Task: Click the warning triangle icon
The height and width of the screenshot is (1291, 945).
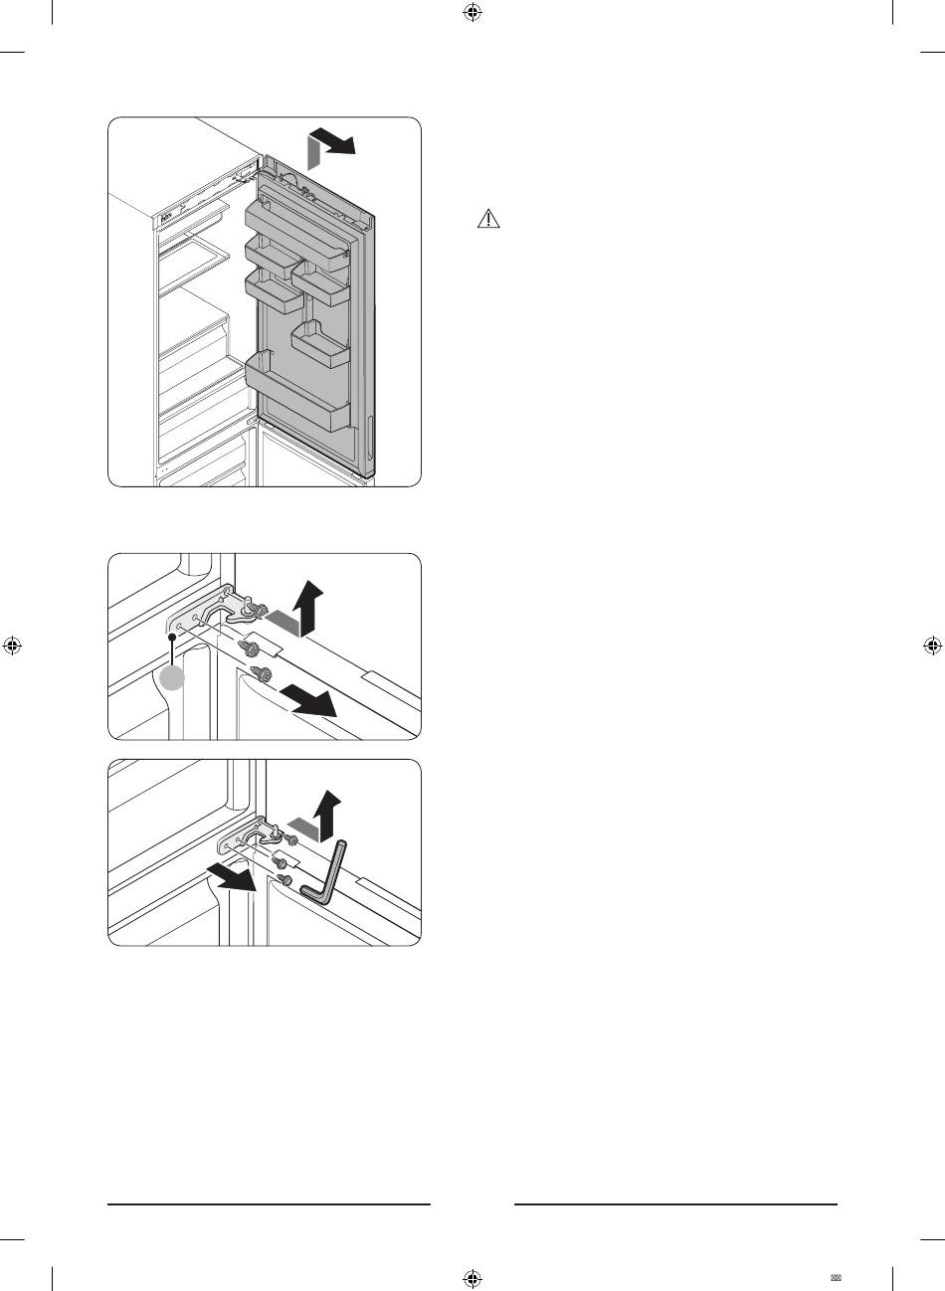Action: pyautogui.click(x=488, y=220)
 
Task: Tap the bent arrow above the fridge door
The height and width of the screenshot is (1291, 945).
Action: pyautogui.click(x=329, y=149)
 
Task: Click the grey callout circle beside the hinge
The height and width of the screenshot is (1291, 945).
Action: pyautogui.click(x=173, y=678)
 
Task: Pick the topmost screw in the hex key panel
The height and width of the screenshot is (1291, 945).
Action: pyautogui.click(x=290, y=841)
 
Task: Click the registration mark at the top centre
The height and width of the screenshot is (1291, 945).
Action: pyautogui.click(x=472, y=14)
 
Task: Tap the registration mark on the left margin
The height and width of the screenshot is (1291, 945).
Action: pyautogui.click(x=13, y=645)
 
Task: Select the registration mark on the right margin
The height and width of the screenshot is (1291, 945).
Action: pyautogui.click(x=931, y=645)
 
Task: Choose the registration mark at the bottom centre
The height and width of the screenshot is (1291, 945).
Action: pyautogui.click(x=472, y=1277)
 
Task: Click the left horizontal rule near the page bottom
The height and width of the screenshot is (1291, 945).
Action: pyautogui.click(x=269, y=1204)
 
